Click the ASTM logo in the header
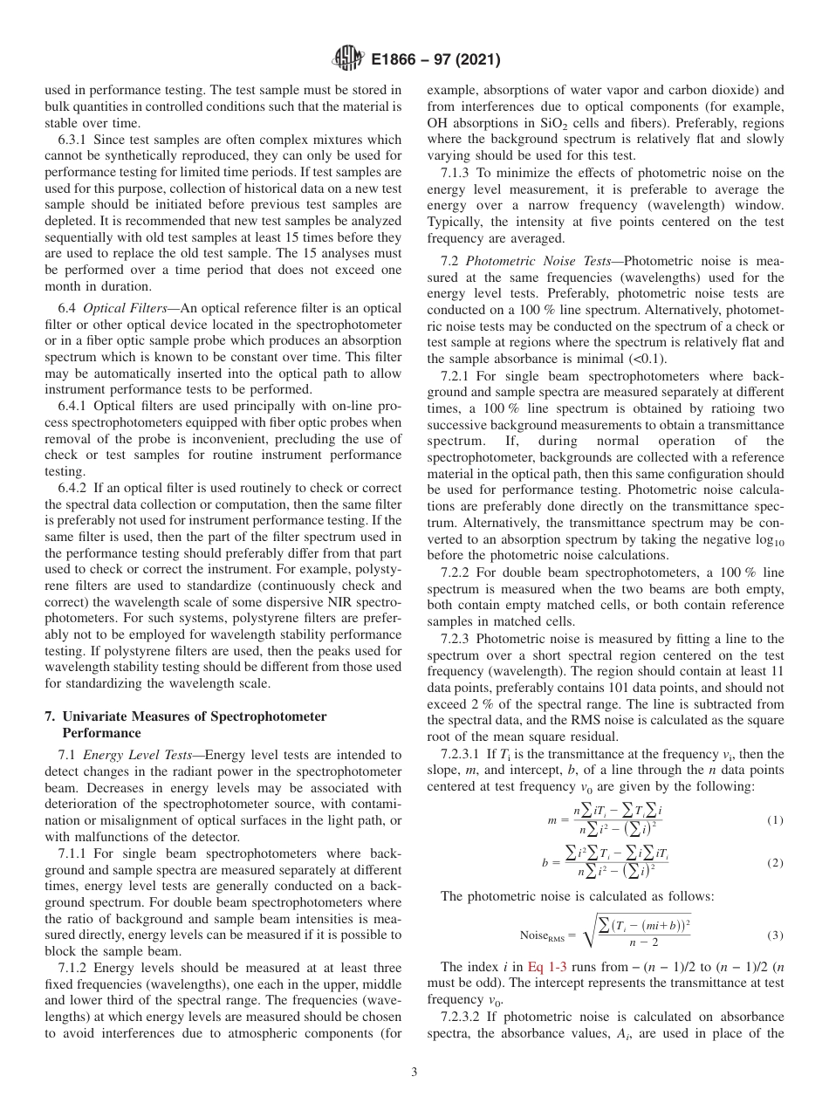(347, 59)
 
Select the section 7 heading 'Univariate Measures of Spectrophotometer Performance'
(185, 724)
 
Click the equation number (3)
(774, 935)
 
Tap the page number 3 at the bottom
(414, 1072)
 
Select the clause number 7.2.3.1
(462, 754)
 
